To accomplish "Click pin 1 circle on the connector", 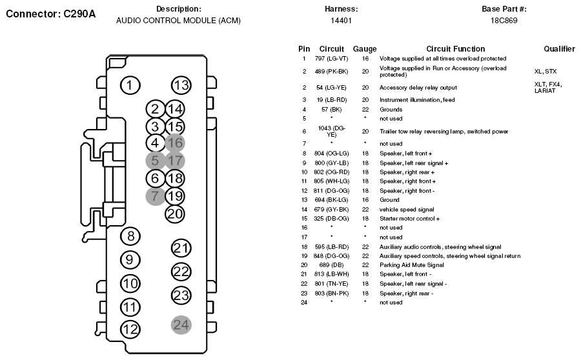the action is (130, 86).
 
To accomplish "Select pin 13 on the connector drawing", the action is (181, 86).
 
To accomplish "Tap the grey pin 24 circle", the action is (181, 325).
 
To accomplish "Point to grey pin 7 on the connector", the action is (155, 196).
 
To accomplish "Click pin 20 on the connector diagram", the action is (175, 214).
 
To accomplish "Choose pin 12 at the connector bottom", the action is (130, 329).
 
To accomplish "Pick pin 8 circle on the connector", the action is (130, 236).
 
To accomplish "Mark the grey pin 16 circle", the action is (175, 143).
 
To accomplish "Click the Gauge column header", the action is (365, 49).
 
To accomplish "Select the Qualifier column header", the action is (559, 49).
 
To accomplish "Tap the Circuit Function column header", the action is (455, 49).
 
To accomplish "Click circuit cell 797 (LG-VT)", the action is (332, 59).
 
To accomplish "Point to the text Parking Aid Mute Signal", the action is (412, 265).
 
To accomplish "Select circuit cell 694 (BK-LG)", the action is (332, 200).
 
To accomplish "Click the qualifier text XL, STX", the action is (545, 72).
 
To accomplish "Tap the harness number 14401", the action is (341, 21).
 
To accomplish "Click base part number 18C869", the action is (504, 21).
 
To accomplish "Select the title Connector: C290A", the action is (51, 14).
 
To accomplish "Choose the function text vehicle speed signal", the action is (407, 210).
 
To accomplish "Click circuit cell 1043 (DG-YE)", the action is (332, 131).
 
